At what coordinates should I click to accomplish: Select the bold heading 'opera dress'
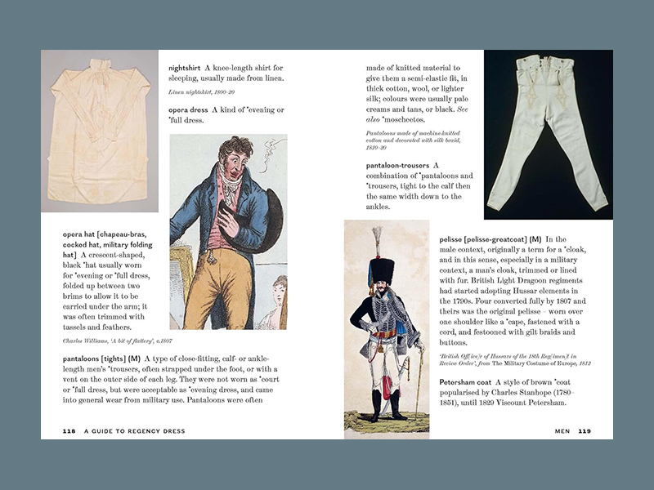click(191, 109)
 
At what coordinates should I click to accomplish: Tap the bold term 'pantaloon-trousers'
click(403, 165)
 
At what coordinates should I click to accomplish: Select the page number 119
click(585, 431)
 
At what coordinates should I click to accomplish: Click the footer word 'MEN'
click(562, 431)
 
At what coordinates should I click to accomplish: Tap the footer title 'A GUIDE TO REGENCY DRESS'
click(133, 431)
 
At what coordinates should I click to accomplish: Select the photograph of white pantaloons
click(548, 135)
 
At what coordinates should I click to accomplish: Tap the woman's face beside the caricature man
click(280, 291)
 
